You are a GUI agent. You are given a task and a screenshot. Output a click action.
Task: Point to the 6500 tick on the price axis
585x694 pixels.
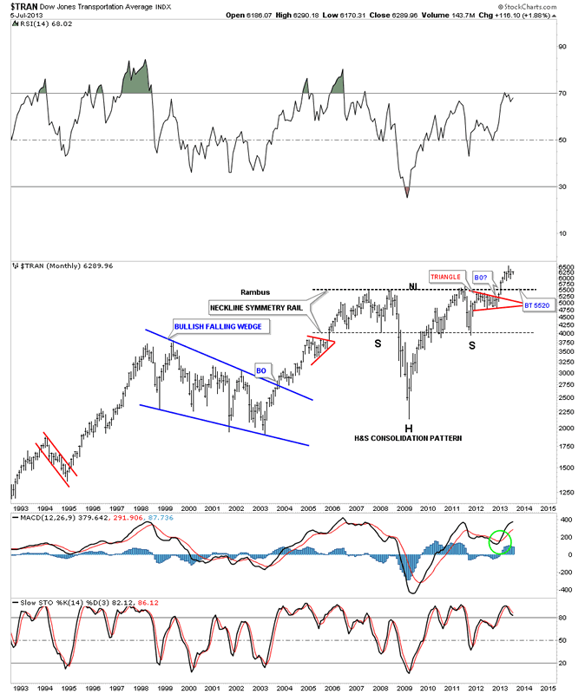(x=565, y=269)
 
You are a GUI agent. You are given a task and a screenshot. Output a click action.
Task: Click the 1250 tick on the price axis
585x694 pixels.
(x=565, y=492)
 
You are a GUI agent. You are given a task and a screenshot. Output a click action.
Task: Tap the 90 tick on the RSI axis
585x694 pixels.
(x=562, y=46)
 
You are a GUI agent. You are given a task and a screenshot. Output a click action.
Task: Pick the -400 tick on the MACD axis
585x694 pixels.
(x=565, y=590)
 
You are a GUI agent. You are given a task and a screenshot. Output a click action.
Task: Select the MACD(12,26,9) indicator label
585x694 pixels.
(x=43, y=519)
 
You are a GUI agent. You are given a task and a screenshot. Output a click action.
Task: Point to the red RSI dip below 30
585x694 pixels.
(x=407, y=192)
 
